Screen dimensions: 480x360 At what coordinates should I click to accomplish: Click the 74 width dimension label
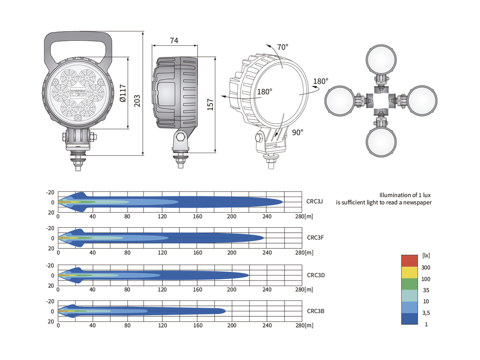(x=174, y=40)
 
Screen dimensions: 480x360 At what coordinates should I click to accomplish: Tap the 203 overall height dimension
(x=137, y=101)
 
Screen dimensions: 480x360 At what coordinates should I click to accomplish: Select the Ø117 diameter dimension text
(x=123, y=93)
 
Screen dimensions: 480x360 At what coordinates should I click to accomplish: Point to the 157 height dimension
(x=210, y=104)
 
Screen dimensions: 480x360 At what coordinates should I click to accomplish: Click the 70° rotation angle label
(x=282, y=47)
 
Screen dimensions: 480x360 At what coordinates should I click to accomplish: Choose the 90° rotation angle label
(x=298, y=132)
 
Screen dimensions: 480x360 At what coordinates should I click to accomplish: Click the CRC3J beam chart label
(x=314, y=201)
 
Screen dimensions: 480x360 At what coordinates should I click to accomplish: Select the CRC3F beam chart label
(x=315, y=238)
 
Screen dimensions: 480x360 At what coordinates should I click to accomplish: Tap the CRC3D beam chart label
(x=316, y=275)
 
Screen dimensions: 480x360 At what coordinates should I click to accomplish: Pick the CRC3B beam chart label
(x=316, y=311)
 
